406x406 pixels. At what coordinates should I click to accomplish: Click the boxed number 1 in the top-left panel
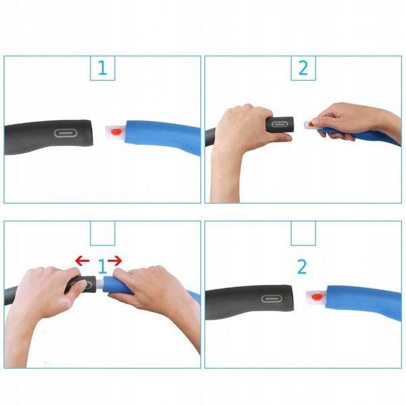[x=103, y=68]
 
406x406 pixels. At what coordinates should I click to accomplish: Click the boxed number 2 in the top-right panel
[x=303, y=68]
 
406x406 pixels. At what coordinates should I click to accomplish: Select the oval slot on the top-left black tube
[x=66, y=133]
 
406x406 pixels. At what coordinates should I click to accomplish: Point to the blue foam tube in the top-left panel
[x=162, y=137]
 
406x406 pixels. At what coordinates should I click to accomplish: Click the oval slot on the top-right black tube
[x=279, y=125]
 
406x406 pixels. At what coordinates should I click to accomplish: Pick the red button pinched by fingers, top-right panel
[x=311, y=125]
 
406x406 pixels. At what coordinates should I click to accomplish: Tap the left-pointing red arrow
[x=83, y=261]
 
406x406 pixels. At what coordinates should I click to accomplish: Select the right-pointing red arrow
[x=115, y=261]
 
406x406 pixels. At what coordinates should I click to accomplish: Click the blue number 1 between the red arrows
[x=103, y=267]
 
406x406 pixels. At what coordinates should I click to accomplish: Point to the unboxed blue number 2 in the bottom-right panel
[x=302, y=267]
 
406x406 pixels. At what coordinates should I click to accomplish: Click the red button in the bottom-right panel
[x=317, y=297]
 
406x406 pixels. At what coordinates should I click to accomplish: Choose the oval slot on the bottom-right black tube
[x=271, y=298]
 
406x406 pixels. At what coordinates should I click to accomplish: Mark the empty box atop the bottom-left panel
[x=103, y=233]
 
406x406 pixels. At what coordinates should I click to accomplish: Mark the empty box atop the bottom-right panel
[x=303, y=233]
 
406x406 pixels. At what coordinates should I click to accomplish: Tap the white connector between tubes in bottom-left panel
[x=100, y=284]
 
